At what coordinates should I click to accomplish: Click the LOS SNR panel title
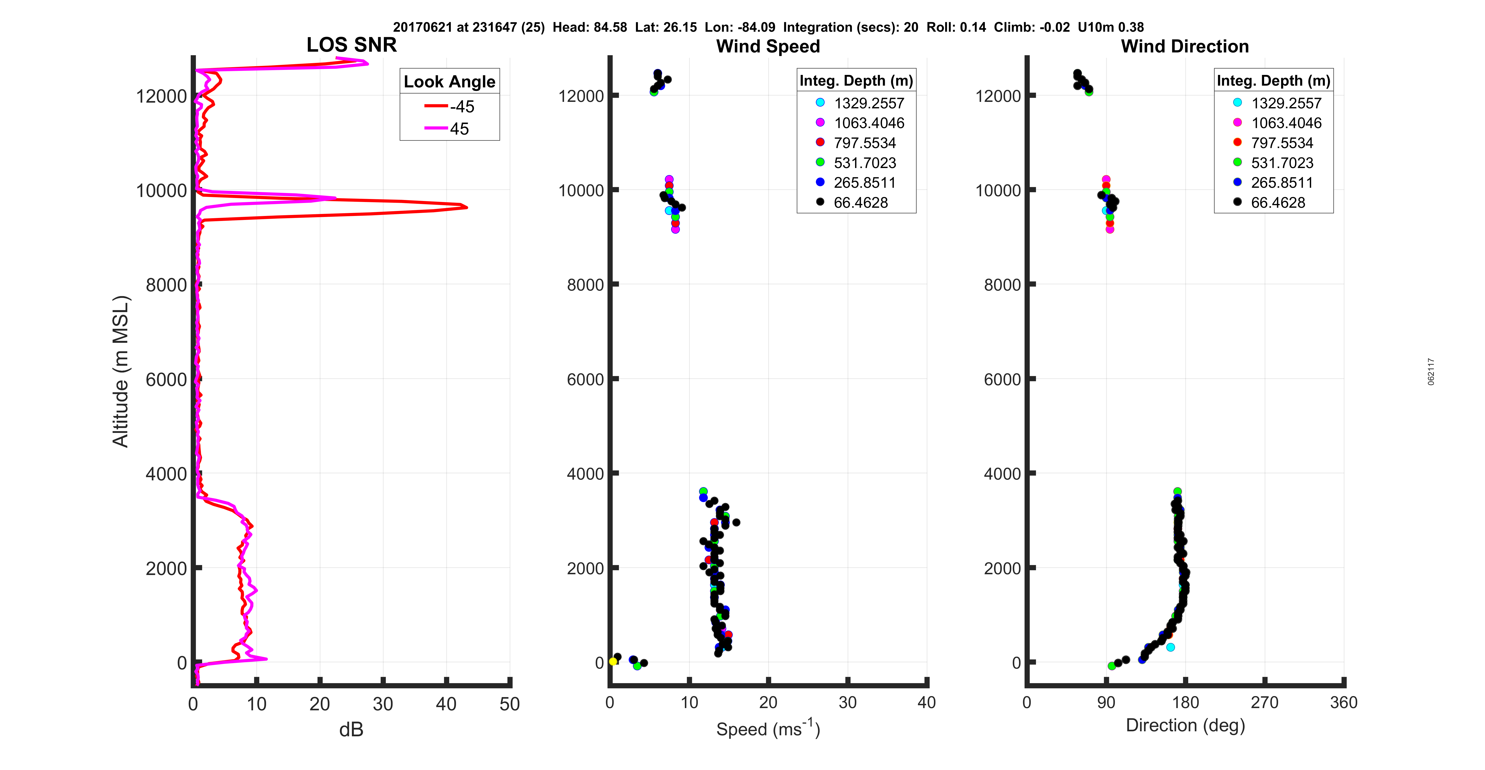[351, 45]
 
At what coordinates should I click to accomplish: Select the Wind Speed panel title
[768, 46]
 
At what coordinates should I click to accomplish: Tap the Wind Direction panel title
[1185, 46]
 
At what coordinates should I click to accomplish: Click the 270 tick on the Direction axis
[1264, 703]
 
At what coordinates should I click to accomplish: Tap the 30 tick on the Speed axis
[847, 703]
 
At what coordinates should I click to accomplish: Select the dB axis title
[351, 730]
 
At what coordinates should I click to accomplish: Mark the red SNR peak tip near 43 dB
[466, 207]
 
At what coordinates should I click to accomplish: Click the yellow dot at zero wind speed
[613, 662]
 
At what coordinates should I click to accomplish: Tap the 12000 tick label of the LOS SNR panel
[161, 96]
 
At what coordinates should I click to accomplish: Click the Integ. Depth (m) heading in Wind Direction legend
[1273, 81]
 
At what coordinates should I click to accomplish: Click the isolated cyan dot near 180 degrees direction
[1170, 647]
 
